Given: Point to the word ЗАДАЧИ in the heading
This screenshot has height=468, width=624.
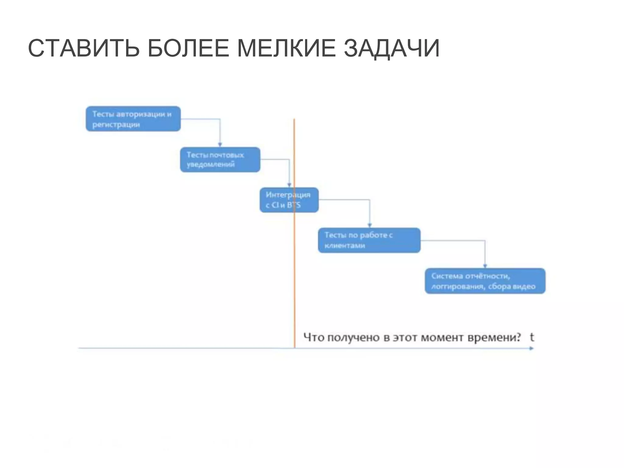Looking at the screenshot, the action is (392, 48).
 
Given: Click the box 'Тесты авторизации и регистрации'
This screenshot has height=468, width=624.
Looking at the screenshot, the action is (133, 119).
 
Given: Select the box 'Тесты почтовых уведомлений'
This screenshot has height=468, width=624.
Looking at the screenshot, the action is (220, 160).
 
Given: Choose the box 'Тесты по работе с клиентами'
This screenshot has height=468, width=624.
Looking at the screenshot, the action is (369, 240).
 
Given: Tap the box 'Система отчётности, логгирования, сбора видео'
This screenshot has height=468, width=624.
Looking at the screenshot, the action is (485, 281).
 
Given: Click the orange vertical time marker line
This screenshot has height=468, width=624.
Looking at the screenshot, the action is (294, 274).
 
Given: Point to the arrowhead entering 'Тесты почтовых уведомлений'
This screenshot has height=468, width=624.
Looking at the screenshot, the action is (220, 145).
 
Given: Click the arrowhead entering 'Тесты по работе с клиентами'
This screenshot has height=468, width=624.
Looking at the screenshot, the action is (370, 225).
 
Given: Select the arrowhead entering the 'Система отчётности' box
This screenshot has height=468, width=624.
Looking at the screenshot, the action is (485, 266).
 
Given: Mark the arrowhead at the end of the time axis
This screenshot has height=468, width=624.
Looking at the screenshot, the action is (532, 348).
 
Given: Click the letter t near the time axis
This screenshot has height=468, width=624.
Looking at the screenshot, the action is (532, 337).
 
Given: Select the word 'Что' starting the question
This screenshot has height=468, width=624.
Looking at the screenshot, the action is (314, 338).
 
